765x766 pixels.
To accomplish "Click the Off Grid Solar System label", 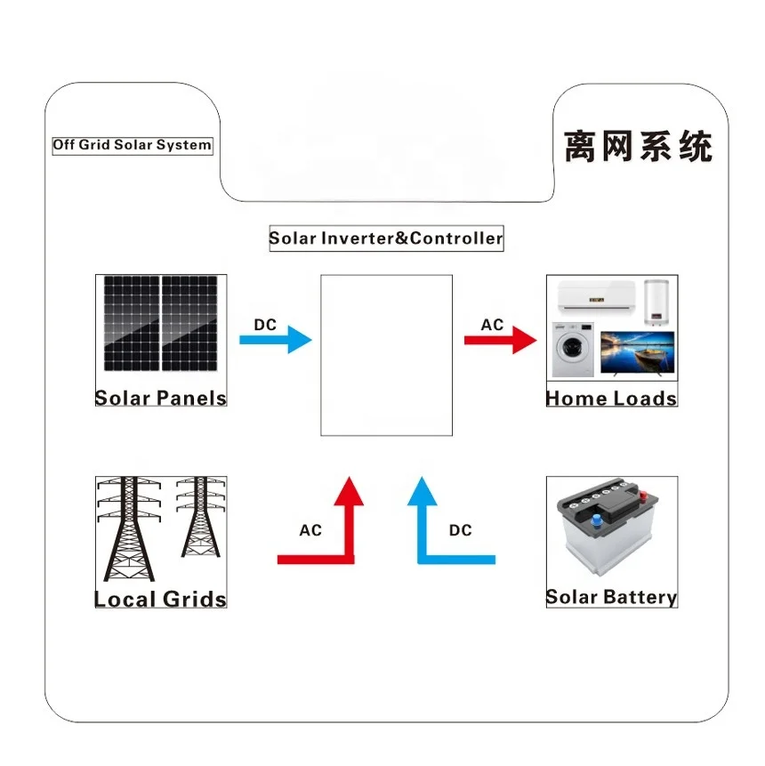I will coord(132,145).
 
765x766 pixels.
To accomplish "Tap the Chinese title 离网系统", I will coord(638,146).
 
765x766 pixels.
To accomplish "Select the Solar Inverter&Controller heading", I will coord(386,238).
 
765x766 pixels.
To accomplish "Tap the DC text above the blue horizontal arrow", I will coord(265,325).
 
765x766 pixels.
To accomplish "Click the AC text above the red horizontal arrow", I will coord(492,325).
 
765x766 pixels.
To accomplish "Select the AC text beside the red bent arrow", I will coord(310,530).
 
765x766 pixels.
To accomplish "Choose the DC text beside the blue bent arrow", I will coord(460,530).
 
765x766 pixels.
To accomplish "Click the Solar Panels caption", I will coord(161,398).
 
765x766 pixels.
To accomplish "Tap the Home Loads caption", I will coord(611,398).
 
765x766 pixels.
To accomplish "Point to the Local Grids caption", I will coord(161,599).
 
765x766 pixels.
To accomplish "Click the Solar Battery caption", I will coord(611,597).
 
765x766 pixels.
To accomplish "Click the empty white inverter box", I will coord(386,355).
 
